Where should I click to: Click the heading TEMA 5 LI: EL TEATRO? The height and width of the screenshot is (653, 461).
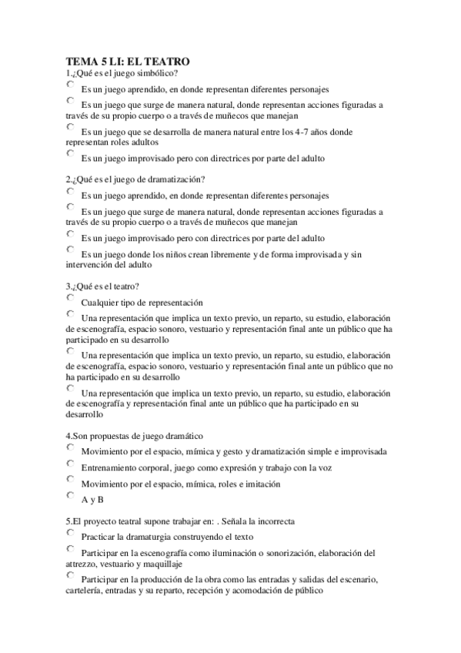(127, 60)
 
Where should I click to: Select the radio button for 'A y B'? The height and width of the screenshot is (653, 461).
(71, 496)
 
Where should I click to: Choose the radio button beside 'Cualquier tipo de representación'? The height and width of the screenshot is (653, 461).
(71, 298)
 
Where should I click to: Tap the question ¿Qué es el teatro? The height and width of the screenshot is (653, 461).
(103, 286)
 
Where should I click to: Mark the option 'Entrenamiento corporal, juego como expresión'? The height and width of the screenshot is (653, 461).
(71, 464)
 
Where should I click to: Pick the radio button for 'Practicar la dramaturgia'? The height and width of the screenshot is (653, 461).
(71, 533)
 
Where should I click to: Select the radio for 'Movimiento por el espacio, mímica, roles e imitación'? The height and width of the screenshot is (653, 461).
(71, 480)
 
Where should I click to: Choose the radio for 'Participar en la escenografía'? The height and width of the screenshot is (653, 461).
(71, 549)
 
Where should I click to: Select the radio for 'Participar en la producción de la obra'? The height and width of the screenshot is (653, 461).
(71, 575)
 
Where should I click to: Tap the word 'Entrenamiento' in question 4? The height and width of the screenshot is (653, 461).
(112, 467)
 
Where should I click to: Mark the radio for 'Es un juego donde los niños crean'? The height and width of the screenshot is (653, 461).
(71, 249)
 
